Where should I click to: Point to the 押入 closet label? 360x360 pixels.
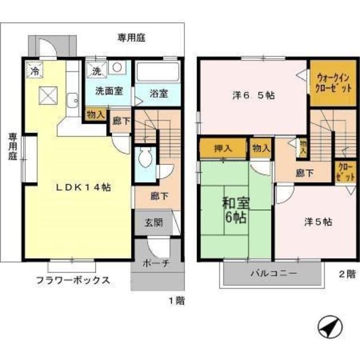tap(223, 148)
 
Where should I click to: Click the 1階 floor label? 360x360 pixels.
tap(175, 300)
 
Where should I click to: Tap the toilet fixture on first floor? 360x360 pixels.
tap(145, 157)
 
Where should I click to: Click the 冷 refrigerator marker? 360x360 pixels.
tap(34, 71)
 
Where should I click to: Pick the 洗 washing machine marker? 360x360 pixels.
tap(96, 71)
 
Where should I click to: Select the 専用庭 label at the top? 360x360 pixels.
tap(132, 38)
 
